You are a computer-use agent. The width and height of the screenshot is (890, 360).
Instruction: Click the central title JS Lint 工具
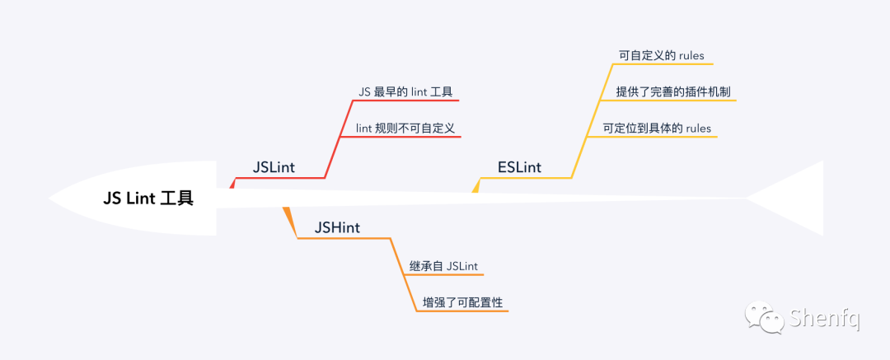[148, 199]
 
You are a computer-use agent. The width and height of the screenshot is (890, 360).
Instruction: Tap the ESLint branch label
[519, 168]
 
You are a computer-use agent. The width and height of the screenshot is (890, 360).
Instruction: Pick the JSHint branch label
[337, 227]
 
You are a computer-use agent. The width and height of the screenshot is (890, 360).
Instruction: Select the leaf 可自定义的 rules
[661, 56]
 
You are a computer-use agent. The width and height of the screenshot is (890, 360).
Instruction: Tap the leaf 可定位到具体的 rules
[656, 128]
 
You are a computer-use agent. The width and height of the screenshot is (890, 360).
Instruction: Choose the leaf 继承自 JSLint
[444, 266]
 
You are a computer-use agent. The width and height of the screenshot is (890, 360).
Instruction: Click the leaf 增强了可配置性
[463, 302]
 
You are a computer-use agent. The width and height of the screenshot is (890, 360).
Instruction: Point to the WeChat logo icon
[765, 316]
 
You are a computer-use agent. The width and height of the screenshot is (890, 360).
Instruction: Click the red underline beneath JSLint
[280, 178]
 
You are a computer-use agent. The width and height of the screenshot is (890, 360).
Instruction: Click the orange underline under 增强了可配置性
[463, 311]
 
